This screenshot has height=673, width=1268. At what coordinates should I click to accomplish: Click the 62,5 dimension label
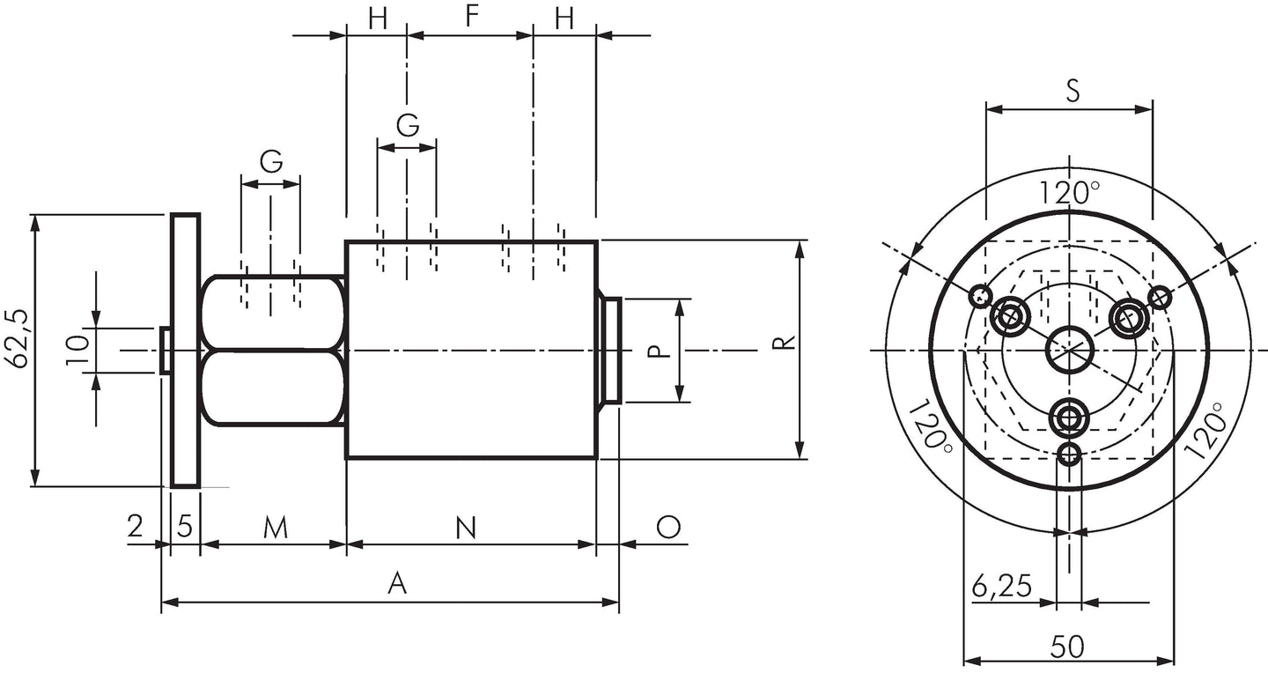tap(16, 339)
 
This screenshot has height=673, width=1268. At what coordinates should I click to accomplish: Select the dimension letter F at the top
tap(472, 16)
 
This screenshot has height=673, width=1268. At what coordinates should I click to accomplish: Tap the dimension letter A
tap(397, 583)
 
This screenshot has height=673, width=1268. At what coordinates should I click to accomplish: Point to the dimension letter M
tap(276, 528)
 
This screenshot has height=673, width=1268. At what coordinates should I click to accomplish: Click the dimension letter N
tap(466, 528)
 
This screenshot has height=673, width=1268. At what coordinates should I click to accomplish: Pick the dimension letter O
tap(668, 527)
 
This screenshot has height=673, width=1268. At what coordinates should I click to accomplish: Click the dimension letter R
tap(785, 342)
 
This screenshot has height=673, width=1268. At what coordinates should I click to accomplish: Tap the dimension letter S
tap(1073, 91)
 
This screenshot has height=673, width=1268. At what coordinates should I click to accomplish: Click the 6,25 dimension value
tap(1002, 586)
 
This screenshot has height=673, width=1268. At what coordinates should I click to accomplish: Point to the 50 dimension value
tap(1067, 647)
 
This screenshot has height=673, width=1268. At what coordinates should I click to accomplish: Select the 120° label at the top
tap(1070, 193)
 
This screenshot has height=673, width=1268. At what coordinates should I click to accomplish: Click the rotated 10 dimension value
tap(78, 350)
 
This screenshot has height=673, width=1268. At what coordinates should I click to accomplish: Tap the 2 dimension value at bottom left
tap(135, 526)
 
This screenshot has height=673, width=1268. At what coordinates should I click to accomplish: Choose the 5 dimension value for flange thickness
tap(185, 527)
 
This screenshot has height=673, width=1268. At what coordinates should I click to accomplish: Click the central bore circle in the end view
tap(1069, 350)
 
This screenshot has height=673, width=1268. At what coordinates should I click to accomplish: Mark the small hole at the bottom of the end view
tap(1069, 453)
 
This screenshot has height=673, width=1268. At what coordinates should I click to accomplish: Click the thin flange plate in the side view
tap(186, 351)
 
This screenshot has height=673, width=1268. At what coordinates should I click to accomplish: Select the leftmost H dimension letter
tap(378, 18)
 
